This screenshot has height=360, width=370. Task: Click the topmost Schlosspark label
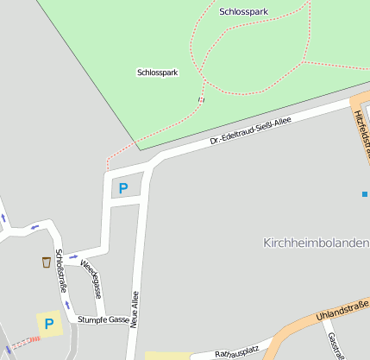point(244,12)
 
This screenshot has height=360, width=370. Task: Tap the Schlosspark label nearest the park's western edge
point(157,73)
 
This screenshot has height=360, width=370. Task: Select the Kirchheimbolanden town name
point(316,243)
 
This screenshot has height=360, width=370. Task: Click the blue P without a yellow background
point(122,187)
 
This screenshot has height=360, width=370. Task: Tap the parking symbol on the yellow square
point(50,324)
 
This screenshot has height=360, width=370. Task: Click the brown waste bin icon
point(45,262)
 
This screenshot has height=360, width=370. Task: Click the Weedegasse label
point(92,277)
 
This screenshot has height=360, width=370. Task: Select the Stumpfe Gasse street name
point(103,319)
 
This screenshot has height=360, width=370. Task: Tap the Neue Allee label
point(135,312)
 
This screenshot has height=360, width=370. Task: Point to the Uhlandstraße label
point(342,311)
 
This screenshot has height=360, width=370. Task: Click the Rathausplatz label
point(236,351)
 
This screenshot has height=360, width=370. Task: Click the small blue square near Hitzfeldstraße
point(365,193)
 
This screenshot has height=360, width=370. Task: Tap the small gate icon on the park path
point(201,100)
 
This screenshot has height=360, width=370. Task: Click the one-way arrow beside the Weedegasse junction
point(72,256)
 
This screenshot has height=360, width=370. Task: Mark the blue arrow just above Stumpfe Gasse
point(66,305)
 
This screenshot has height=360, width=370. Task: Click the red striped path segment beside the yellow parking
point(26,342)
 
